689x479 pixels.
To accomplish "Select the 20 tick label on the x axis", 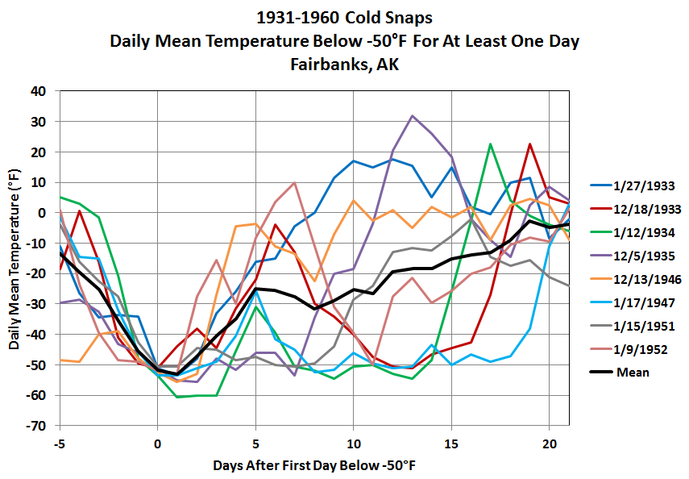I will (x=549, y=444).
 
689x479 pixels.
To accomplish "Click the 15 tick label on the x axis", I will (x=451, y=444).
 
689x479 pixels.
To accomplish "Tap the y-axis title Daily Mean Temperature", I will (x=15, y=257).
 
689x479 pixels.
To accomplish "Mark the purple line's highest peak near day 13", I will (x=413, y=116).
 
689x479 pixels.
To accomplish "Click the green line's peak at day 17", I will (x=490, y=144).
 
